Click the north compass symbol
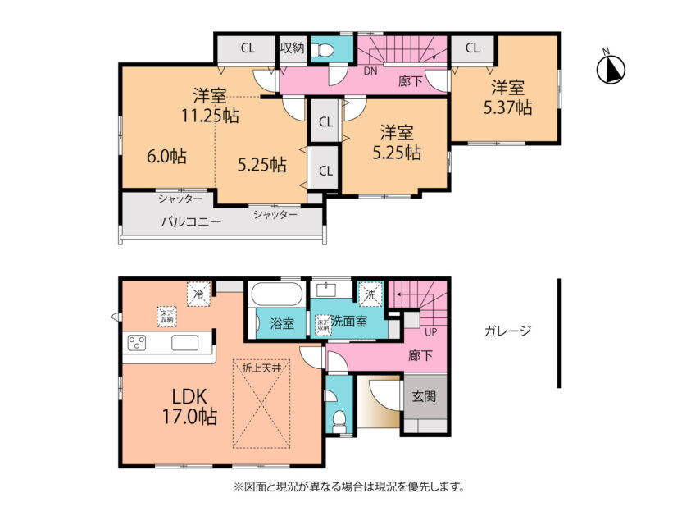[609, 69]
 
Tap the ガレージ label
[507, 331]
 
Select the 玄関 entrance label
[425, 396]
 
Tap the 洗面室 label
[350, 323]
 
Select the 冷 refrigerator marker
[198, 291]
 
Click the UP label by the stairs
[430, 333]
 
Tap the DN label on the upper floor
[370, 71]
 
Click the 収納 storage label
[293, 48]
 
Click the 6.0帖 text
[166, 156]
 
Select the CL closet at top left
[247, 48]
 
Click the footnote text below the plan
[349, 487]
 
